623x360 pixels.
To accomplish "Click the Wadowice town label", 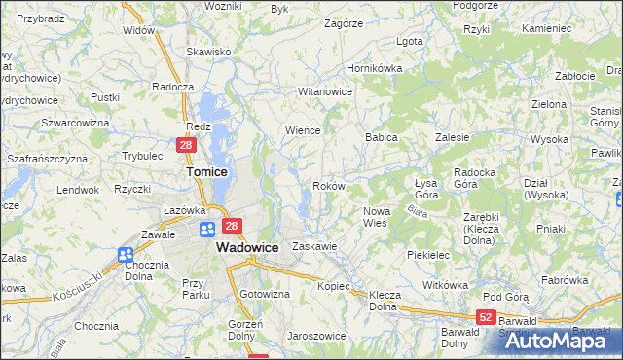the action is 247,247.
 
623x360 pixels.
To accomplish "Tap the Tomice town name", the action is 206,171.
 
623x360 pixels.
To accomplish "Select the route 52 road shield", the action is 487,318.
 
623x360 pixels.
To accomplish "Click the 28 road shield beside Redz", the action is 188,145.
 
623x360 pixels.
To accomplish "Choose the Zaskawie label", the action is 314,246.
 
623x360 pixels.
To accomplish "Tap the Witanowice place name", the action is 324,90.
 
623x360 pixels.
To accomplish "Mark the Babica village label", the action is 382,138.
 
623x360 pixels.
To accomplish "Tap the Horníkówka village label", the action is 375,69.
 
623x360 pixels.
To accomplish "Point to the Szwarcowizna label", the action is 74,123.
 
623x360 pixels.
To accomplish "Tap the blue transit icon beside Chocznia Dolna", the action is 126,255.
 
